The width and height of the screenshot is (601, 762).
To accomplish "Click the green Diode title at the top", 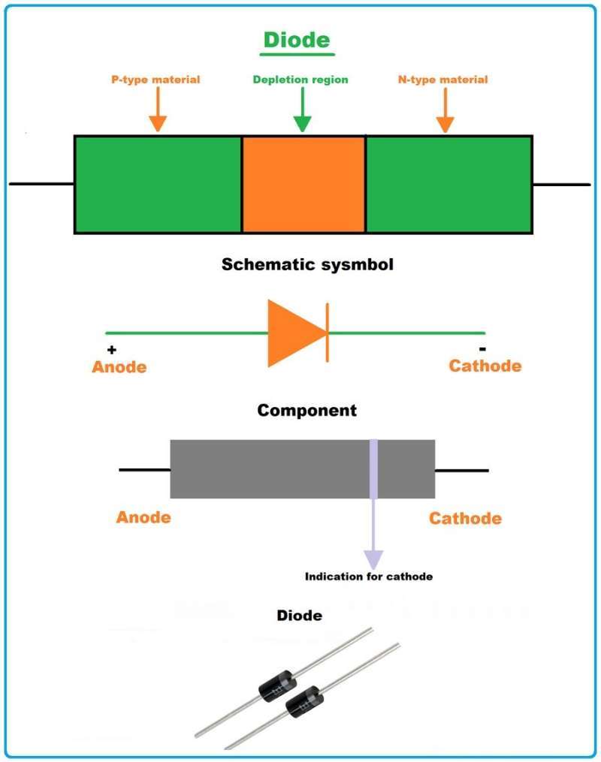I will pyautogui.click(x=296, y=39).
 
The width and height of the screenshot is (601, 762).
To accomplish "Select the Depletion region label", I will pyautogui.click(x=300, y=80).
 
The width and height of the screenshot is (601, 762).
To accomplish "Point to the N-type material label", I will pyautogui.click(x=442, y=79).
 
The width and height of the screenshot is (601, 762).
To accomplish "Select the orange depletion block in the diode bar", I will pyautogui.click(x=304, y=184).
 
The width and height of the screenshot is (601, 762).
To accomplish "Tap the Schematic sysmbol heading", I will pyautogui.click(x=307, y=264).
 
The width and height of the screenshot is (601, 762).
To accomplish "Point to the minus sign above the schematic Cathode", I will pyautogui.click(x=482, y=349).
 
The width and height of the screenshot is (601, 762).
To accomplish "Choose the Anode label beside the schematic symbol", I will pyautogui.click(x=119, y=367).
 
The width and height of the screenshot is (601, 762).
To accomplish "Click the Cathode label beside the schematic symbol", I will pyautogui.click(x=485, y=366).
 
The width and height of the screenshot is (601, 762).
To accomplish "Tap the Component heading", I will pyautogui.click(x=307, y=411).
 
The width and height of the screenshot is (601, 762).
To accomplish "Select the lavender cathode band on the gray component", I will pyautogui.click(x=373, y=468).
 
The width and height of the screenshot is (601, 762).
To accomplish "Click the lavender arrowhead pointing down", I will pyautogui.click(x=373, y=559).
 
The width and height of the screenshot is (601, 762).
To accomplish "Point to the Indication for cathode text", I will pyautogui.click(x=369, y=577).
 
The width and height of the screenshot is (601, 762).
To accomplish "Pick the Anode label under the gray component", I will pyautogui.click(x=143, y=517).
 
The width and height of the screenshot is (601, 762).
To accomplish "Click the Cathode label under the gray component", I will pyautogui.click(x=465, y=518).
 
